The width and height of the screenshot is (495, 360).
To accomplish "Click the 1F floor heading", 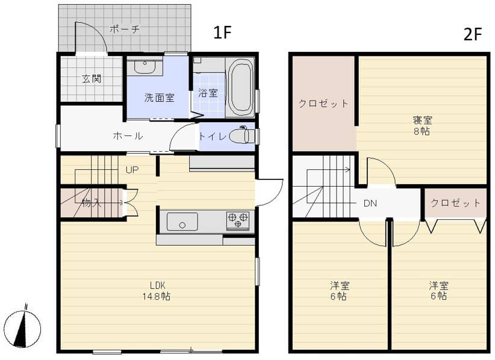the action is (223, 33).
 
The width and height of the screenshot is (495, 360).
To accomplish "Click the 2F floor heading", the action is (473, 34).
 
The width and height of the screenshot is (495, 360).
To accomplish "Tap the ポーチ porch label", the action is (125, 29).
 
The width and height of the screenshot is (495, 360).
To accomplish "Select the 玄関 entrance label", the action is (92, 79).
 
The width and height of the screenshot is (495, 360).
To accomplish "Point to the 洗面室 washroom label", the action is (160, 98).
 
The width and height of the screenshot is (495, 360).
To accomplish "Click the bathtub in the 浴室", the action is (241, 87).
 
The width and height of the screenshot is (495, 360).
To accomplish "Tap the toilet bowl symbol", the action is (242, 136).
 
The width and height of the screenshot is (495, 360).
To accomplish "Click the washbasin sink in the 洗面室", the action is (145, 66).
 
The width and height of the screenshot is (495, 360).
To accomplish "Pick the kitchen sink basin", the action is (182, 222).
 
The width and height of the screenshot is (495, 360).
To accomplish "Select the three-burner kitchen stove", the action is (238, 220).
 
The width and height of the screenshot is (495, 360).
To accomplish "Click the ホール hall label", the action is (128, 136).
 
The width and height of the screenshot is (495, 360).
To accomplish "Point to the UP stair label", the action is (132, 170).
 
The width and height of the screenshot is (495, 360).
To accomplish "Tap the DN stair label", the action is (370, 203).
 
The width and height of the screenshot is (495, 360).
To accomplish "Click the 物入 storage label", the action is (92, 203).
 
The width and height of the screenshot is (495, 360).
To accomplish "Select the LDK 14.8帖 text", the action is (157, 291).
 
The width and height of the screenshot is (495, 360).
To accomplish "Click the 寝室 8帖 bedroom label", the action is (422, 126).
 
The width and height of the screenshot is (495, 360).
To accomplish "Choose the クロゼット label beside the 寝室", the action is (323, 104).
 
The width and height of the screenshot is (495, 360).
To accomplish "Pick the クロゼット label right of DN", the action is (455, 202).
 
